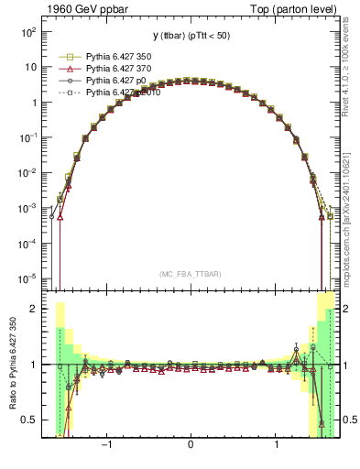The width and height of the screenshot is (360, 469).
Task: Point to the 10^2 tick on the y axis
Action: [28, 31]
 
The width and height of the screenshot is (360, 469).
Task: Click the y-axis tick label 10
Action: [30, 67]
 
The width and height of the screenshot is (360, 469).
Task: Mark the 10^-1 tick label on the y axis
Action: [28, 137]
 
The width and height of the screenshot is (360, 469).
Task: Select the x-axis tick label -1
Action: [106, 446]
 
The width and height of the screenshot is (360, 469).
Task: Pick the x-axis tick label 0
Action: [190, 446]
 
